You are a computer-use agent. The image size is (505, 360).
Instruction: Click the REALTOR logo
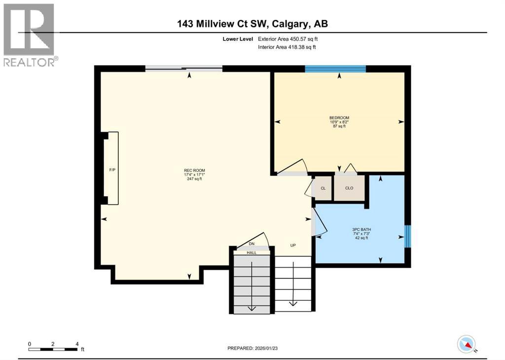pyautogui.click(x=29, y=35)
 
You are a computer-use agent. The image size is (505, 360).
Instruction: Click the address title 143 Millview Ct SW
pyautogui.click(x=252, y=23)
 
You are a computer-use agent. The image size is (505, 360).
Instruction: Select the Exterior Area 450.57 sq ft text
pyautogui.click(x=291, y=38)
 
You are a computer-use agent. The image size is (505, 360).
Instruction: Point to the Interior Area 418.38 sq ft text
pyautogui.click(x=287, y=47)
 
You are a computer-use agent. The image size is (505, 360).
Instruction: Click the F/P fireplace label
pyautogui.click(x=112, y=170)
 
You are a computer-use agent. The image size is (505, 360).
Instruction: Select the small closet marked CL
pyautogui.click(x=323, y=188)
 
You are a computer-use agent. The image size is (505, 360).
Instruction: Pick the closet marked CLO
pyautogui.click(x=349, y=188)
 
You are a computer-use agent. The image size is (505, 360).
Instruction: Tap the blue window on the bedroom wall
pyautogui.click(x=335, y=69)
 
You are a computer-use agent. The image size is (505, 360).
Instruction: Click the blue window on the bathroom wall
pyautogui.click(x=408, y=236)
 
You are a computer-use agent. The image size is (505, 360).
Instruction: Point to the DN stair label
pyautogui.click(x=252, y=244)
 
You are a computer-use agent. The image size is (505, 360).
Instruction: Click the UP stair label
pyautogui.click(x=292, y=245)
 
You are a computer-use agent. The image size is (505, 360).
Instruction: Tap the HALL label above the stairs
pyautogui.click(x=252, y=252)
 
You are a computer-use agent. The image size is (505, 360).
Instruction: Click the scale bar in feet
pyautogui.click(x=53, y=349)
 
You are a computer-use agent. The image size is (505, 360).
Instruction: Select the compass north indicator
pyautogui.click(x=466, y=344)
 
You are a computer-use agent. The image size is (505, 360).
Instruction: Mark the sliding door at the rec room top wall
pyautogui.click(x=183, y=69)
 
